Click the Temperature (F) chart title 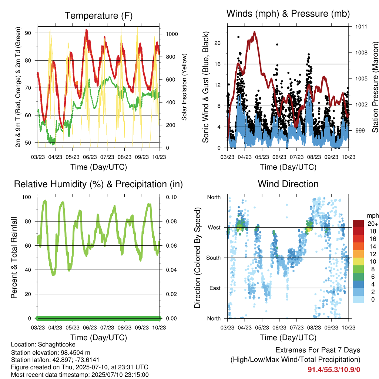[x=98, y=16]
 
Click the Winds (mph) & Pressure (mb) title [x=288, y=14]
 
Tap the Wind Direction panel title [x=288, y=184]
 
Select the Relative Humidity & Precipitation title [x=98, y=184]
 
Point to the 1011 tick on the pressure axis [x=361, y=27]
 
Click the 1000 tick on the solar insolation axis [x=172, y=34]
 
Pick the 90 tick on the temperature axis [x=28, y=33]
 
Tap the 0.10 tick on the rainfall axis [x=171, y=197]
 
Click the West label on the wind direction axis [x=214, y=228]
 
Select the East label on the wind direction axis [x=215, y=288]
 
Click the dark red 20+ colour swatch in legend [x=358, y=224]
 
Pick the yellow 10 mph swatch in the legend [x=358, y=262]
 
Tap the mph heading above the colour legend [x=373, y=216]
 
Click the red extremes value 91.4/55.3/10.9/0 [x=334, y=370]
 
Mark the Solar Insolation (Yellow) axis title [x=184, y=87]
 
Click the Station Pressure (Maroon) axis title [x=375, y=87]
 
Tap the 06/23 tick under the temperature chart [x=90, y=157]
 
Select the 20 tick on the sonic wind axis [x=218, y=43]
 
